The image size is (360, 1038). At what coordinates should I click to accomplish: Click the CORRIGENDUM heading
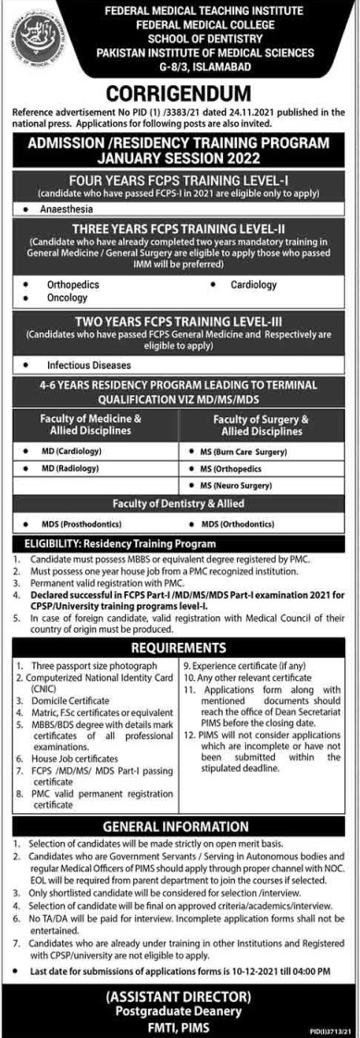click(x=180, y=93)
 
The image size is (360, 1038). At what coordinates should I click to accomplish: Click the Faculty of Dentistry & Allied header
click(x=180, y=503)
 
